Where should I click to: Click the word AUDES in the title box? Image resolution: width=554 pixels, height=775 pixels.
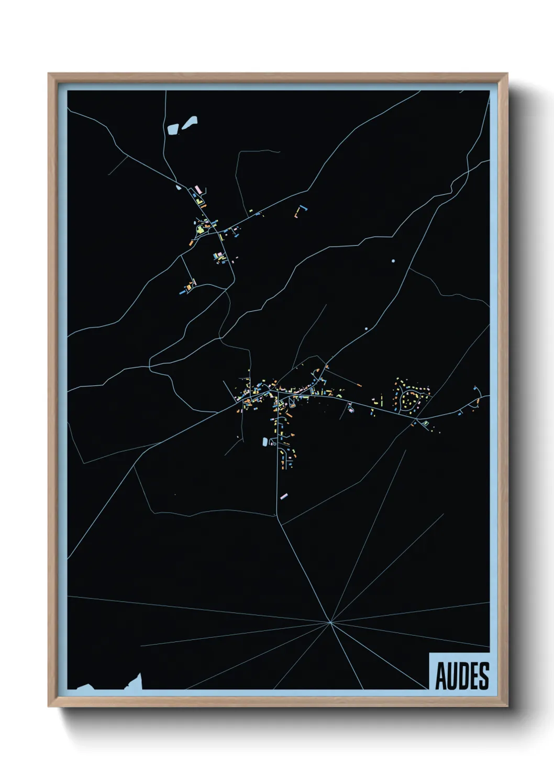(462, 676)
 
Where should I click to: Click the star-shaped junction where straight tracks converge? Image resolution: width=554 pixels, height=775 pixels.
(330, 622)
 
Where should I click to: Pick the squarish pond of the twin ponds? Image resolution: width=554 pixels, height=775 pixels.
(172, 129)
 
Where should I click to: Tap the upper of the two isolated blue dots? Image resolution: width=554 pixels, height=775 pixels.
(393, 261)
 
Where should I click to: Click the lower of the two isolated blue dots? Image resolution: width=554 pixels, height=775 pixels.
(366, 328)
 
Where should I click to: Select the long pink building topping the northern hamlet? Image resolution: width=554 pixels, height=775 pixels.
(198, 188)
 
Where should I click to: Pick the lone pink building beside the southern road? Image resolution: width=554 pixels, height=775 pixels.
(284, 495)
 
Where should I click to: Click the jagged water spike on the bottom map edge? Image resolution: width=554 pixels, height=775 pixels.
(138, 681)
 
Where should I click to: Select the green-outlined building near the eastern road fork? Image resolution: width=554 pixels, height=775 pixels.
(426, 423)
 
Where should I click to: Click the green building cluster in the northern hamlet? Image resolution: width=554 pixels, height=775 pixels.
(200, 228)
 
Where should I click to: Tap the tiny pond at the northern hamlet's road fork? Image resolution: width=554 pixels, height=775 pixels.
(178, 187)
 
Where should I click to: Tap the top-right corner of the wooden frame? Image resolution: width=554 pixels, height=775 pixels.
(506, 75)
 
